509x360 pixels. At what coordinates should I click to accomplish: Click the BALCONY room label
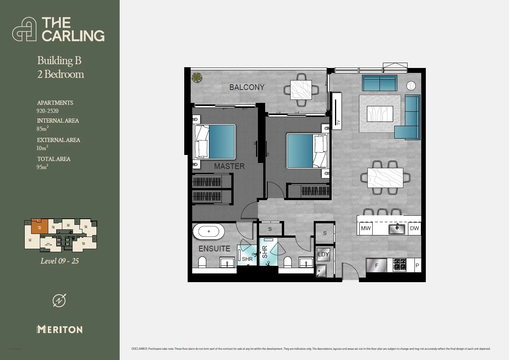point(247,87)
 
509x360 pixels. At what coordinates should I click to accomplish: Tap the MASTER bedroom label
point(229,166)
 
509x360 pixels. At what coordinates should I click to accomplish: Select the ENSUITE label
point(214,249)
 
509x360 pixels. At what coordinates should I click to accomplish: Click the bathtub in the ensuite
point(209,231)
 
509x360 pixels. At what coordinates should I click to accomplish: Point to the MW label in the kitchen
point(366,228)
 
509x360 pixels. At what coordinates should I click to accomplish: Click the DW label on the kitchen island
point(414,228)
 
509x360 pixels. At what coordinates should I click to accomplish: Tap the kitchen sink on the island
point(397,229)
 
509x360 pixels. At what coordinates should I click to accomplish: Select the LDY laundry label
point(323,254)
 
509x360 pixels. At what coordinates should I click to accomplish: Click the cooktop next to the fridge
point(400,265)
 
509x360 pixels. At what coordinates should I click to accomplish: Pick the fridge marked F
point(376,265)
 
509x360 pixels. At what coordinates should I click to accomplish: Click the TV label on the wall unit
point(338,123)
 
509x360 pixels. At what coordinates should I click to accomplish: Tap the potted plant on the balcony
point(197,78)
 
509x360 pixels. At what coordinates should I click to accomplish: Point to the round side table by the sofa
point(411,85)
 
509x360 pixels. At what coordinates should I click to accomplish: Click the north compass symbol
point(59,300)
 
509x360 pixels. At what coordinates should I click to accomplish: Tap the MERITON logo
point(60,329)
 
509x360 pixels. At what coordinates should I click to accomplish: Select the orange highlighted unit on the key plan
point(40,227)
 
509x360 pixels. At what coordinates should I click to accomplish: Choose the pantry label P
point(417,265)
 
